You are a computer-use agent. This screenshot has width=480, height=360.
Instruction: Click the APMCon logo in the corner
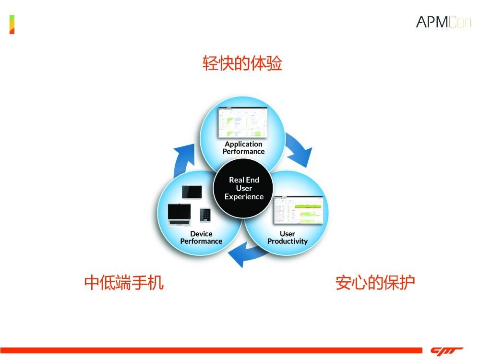443,22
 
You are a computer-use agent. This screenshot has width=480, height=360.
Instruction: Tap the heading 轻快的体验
242,63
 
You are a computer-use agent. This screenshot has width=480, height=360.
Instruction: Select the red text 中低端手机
124,282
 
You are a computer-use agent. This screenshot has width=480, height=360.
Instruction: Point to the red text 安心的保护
375,282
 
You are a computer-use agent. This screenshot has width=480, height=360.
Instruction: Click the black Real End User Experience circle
244,188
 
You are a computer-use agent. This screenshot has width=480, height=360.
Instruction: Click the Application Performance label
243,148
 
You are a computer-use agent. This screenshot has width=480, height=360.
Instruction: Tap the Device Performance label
201,238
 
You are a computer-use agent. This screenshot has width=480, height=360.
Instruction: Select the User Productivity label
287,238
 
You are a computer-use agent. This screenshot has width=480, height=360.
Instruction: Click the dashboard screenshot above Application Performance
243,122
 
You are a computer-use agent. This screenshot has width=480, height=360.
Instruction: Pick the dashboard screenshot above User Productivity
298,210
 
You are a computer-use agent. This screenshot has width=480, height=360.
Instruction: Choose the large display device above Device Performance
179,216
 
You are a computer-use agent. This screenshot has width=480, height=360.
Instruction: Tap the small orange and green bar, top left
12,24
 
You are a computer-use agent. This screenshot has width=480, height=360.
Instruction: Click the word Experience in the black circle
244,197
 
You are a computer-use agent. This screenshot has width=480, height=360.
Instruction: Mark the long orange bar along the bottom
211,350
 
